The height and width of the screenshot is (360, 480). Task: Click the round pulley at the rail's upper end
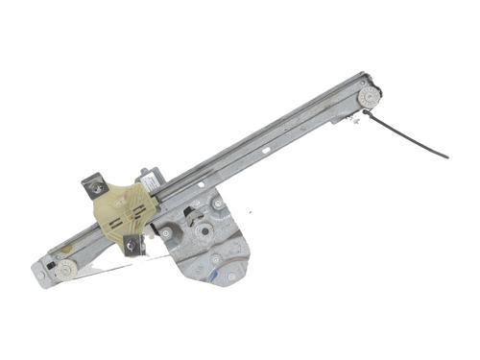368,97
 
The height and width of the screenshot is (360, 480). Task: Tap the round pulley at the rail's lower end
64,270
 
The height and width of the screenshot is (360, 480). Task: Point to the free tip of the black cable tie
446,156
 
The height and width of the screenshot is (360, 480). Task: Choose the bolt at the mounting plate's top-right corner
219,204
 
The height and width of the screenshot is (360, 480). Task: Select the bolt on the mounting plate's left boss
166,232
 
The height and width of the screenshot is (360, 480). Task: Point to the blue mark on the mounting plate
229,276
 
